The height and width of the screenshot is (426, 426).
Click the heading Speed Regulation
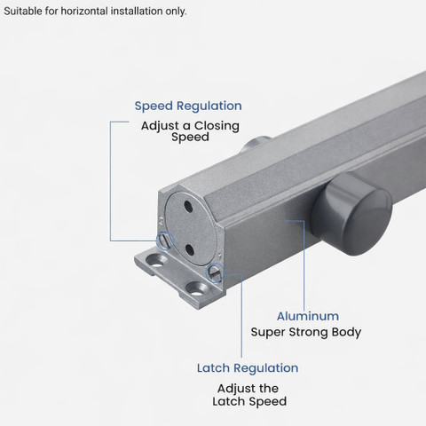click(188, 106)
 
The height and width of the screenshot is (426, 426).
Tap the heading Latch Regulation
click(248, 368)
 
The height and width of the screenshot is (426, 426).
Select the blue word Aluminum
click(308, 316)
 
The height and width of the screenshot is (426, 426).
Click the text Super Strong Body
click(306, 332)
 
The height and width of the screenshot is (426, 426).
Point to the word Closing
click(217, 126)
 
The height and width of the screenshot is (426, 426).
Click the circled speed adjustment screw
click(165, 241)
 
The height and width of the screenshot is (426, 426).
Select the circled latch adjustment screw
click(215, 272)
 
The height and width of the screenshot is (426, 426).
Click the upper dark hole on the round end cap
click(188, 207)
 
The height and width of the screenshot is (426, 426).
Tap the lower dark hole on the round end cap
click(190, 250)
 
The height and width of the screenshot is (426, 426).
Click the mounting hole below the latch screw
click(196, 289)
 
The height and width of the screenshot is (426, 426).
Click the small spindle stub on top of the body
click(256, 143)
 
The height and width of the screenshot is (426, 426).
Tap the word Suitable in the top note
click(23, 12)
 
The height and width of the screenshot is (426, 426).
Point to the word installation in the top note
click(137, 12)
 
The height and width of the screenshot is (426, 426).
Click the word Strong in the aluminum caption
click(308, 333)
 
